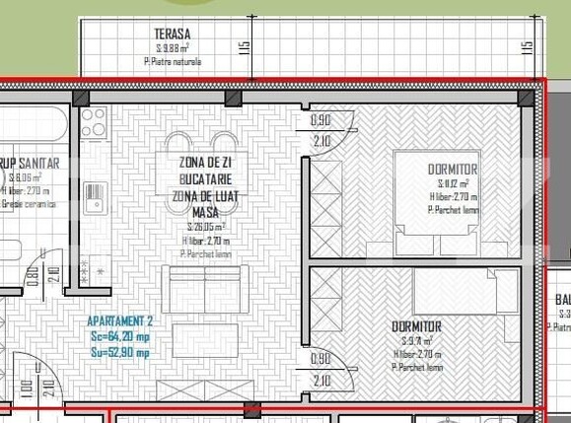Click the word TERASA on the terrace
click(x=173, y=34)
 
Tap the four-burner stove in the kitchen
click(x=94, y=123)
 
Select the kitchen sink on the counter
click(x=95, y=198)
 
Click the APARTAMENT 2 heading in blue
click(x=120, y=321)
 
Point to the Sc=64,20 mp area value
click(x=118, y=336)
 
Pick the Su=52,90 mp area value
click(x=118, y=352)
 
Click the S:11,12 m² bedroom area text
click(x=453, y=183)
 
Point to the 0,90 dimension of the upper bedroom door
click(x=321, y=120)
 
